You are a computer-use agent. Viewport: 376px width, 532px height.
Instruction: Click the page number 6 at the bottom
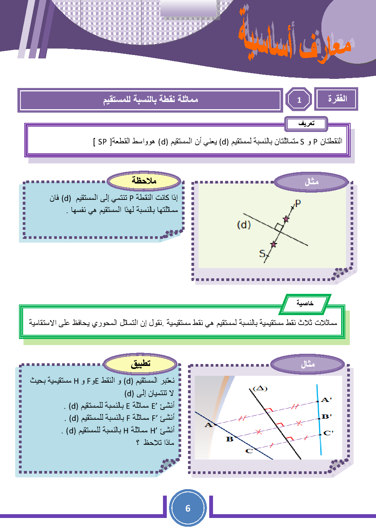tap(188, 508)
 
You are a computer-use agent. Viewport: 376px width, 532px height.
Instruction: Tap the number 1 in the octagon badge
tap(299, 100)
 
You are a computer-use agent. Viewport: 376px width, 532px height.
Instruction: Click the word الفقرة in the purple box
tap(337, 99)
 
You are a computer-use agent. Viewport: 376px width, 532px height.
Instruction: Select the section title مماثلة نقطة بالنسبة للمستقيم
tap(150, 100)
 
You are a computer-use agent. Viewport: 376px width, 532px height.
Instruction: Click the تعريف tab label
tap(306, 124)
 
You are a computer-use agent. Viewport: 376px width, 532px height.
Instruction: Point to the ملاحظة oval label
tap(144, 181)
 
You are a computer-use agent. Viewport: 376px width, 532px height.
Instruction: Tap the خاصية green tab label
tap(305, 303)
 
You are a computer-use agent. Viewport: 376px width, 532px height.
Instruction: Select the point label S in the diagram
tap(262, 253)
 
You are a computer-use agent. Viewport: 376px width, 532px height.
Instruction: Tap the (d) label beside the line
tap(244, 225)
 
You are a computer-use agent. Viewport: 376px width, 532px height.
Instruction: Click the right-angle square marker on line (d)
tap(279, 228)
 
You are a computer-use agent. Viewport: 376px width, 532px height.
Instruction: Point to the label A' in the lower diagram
tap(326, 400)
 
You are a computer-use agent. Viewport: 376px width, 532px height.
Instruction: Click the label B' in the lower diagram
tap(327, 416)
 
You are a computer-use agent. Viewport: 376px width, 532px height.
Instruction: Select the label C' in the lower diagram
tap(328, 433)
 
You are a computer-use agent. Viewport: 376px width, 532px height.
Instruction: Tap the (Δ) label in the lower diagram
tap(260, 388)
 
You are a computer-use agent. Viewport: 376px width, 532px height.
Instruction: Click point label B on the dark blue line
tap(230, 439)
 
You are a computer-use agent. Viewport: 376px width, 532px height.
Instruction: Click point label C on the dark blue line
tap(249, 451)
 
